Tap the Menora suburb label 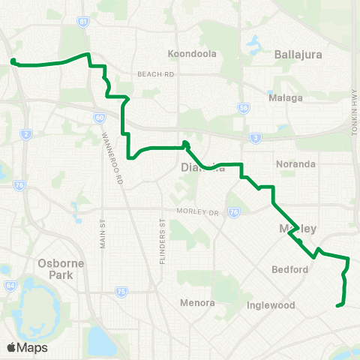[x=198, y=303]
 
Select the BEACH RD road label [x=156, y=74]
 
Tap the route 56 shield [x=242, y=108]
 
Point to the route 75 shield [x=121, y=290]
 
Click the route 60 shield [x=99, y=117]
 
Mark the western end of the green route [x=13, y=61]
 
